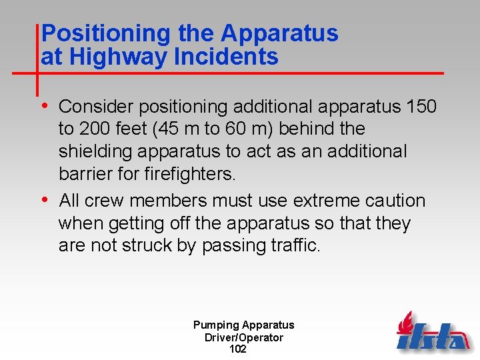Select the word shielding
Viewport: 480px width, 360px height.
click(x=95, y=151)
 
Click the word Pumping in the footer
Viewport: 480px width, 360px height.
click(x=216, y=325)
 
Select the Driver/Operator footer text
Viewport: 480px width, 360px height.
click(x=244, y=337)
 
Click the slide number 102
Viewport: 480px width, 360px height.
click(x=237, y=349)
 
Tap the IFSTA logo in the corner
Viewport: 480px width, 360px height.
click(x=433, y=331)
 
